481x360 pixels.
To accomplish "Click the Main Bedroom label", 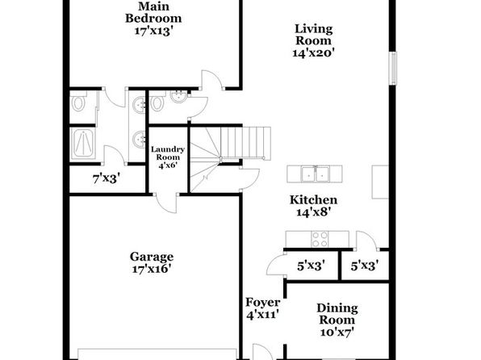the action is tap(153, 12).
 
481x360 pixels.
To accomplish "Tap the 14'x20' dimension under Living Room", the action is tap(313, 53).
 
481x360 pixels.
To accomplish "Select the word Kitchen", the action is tap(313, 200).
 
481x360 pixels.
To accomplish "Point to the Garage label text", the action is tap(152, 257).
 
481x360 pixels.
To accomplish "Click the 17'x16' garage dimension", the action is tap(151, 269).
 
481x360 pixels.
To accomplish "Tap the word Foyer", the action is tap(263, 303).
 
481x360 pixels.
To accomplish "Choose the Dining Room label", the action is tap(337, 314).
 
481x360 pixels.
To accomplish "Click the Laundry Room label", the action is tap(168, 153).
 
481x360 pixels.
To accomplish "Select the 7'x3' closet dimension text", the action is tap(107, 178).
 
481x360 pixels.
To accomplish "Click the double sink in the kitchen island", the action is tap(315, 174).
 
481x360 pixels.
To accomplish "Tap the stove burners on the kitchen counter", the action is tap(320, 239).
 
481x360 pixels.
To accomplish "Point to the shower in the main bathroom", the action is tap(83, 144).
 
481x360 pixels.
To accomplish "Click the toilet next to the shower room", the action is tap(78, 103).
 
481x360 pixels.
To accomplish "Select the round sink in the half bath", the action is tap(178, 97).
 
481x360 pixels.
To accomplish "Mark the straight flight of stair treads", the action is tap(245, 144).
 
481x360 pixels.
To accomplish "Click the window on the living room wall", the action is tap(393, 68).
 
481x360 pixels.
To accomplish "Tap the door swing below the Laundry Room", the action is tap(166, 203).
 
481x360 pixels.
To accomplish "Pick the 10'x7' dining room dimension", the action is tap(337, 332).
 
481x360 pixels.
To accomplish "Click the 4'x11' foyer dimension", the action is tap(262, 315).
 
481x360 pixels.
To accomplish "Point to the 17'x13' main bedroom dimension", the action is tap(153, 31).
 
